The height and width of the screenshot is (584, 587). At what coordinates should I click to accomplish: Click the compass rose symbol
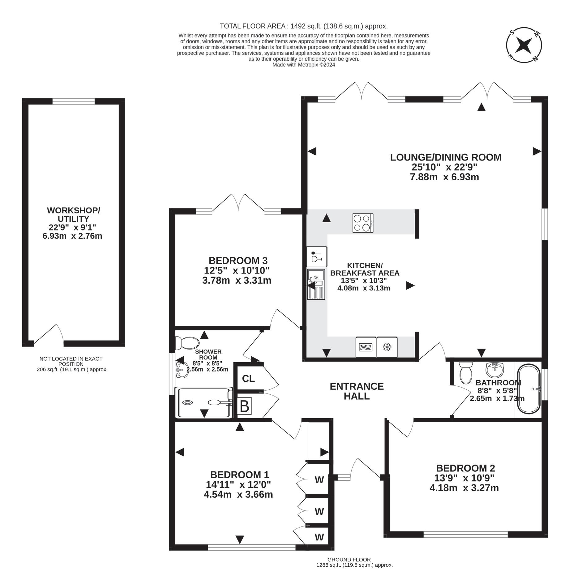pyautogui.click(x=524, y=45)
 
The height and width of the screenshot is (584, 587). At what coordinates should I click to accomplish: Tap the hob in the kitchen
pyautogui.click(x=363, y=223)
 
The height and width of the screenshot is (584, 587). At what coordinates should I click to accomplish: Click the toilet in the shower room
pyautogui.click(x=187, y=343)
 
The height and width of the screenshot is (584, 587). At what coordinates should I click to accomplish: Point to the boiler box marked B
pyautogui.click(x=244, y=406)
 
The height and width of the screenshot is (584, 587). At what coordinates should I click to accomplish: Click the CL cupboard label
pyautogui.click(x=248, y=379)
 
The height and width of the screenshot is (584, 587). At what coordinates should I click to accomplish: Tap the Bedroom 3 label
pyautogui.click(x=238, y=260)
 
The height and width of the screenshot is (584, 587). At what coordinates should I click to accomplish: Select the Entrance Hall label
pyautogui.click(x=357, y=391)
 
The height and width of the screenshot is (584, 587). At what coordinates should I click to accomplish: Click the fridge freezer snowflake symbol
pyautogui.click(x=387, y=347)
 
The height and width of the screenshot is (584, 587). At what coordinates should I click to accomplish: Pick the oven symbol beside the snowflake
pyautogui.click(x=366, y=347)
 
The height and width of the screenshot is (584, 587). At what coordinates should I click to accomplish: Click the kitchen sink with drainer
pyautogui.click(x=316, y=284)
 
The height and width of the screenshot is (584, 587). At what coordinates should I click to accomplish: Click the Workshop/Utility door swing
pyautogui.click(x=49, y=334)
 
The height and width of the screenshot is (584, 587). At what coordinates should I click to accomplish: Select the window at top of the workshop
pyautogui.click(x=74, y=101)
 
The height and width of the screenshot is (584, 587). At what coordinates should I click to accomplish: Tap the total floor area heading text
pyautogui.click(x=304, y=26)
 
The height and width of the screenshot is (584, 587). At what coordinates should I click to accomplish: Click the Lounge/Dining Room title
pyautogui.click(x=446, y=157)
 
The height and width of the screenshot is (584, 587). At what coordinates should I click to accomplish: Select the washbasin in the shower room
pyautogui.click(x=182, y=370)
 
